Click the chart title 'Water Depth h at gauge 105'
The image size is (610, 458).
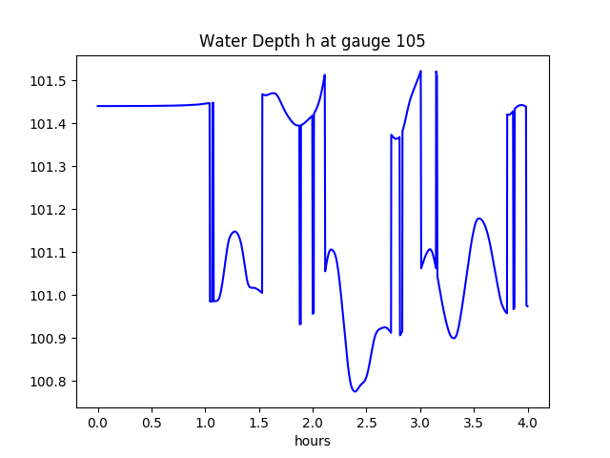point(312,41)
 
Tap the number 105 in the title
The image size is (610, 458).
point(411,41)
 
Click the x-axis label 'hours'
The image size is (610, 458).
point(313,442)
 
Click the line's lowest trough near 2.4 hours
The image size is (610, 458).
point(355,391)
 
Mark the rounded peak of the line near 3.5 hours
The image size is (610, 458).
point(479,219)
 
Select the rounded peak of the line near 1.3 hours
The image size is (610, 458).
point(234,232)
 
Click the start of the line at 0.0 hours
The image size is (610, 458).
point(98,106)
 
